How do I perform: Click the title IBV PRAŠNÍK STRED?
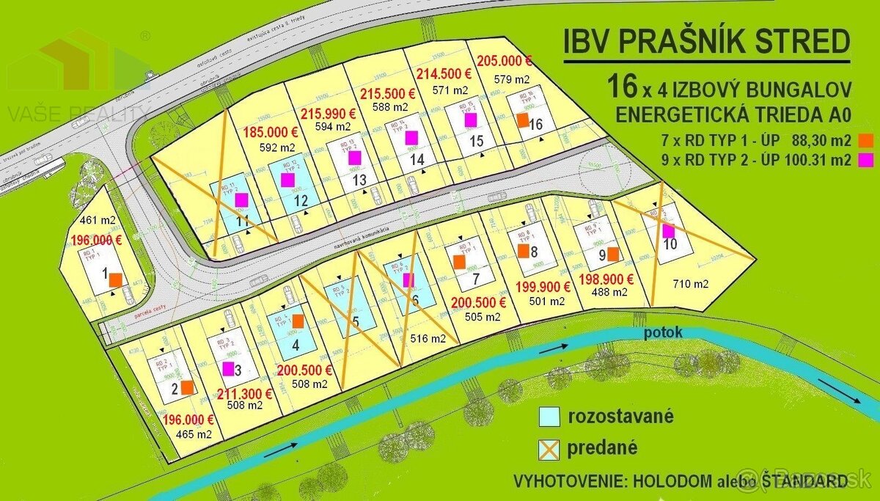[x=706, y=42]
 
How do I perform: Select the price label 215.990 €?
[x=328, y=114]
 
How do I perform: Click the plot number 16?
[x=535, y=125]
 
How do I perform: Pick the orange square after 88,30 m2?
[x=868, y=139]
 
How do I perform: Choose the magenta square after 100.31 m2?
[x=868, y=158]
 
